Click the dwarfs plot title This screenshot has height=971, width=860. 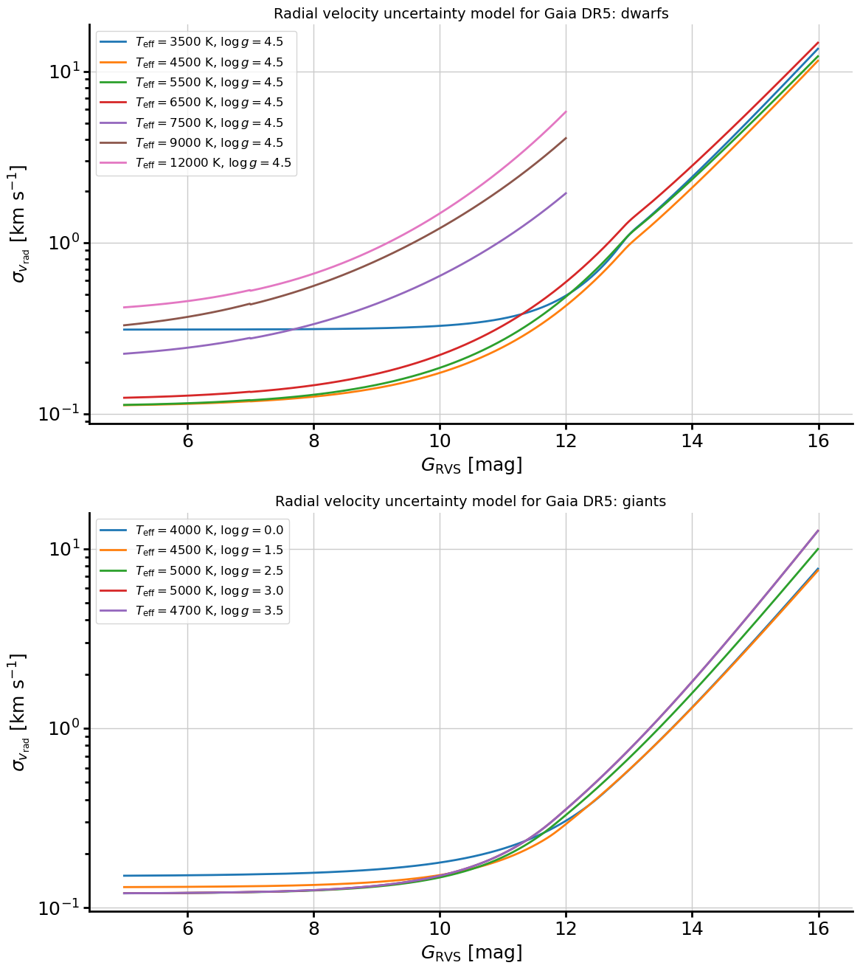471,13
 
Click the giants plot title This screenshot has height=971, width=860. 471,501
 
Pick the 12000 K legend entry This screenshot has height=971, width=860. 195,163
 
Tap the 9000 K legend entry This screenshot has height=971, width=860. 192,143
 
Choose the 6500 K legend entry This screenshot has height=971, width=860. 192,103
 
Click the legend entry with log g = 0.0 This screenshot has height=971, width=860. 192,530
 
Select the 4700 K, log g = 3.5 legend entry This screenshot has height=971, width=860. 192,611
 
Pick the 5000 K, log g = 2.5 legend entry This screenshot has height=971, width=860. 192,570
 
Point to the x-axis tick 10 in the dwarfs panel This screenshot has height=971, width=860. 440,440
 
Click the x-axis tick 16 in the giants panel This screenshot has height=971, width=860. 818,929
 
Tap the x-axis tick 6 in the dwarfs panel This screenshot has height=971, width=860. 187,440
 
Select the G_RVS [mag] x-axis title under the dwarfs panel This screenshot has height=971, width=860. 471,465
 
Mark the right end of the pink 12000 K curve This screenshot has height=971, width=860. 566,111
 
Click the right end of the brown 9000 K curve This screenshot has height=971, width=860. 566,138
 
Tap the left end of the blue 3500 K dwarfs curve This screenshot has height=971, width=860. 124,329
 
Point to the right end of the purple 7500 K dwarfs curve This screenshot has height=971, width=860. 566,193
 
